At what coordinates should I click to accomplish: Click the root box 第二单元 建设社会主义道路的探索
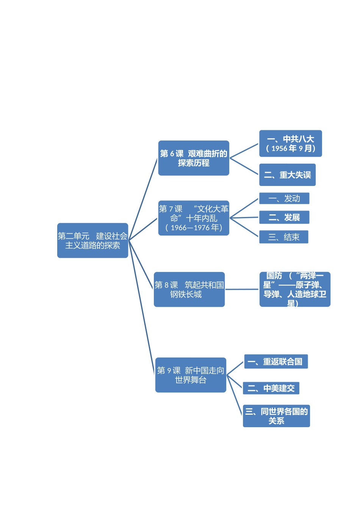point(92,240)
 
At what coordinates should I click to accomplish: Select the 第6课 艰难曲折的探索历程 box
point(194,158)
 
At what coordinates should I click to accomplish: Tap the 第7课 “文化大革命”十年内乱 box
point(194,218)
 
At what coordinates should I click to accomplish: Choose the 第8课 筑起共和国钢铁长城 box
point(189,289)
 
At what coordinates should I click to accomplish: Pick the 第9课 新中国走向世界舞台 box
point(191,375)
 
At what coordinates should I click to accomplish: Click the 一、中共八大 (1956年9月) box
point(290,144)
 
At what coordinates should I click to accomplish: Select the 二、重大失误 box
point(287,175)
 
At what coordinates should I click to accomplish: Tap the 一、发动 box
point(284,198)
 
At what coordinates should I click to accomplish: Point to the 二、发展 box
point(284,217)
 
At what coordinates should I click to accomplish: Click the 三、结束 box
point(283,237)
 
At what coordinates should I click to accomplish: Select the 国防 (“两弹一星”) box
point(295,289)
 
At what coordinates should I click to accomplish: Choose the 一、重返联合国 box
point(275,362)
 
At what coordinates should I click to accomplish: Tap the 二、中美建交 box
point(271,388)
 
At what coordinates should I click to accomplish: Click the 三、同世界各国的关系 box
point(276,416)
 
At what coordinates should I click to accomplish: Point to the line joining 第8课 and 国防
point(242,289)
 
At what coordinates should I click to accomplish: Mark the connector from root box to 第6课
point(143,200)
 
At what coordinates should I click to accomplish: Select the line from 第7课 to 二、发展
point(244,218)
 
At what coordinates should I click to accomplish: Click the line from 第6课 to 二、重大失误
point(244,166)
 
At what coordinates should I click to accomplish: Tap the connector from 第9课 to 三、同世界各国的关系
point(235,396)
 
